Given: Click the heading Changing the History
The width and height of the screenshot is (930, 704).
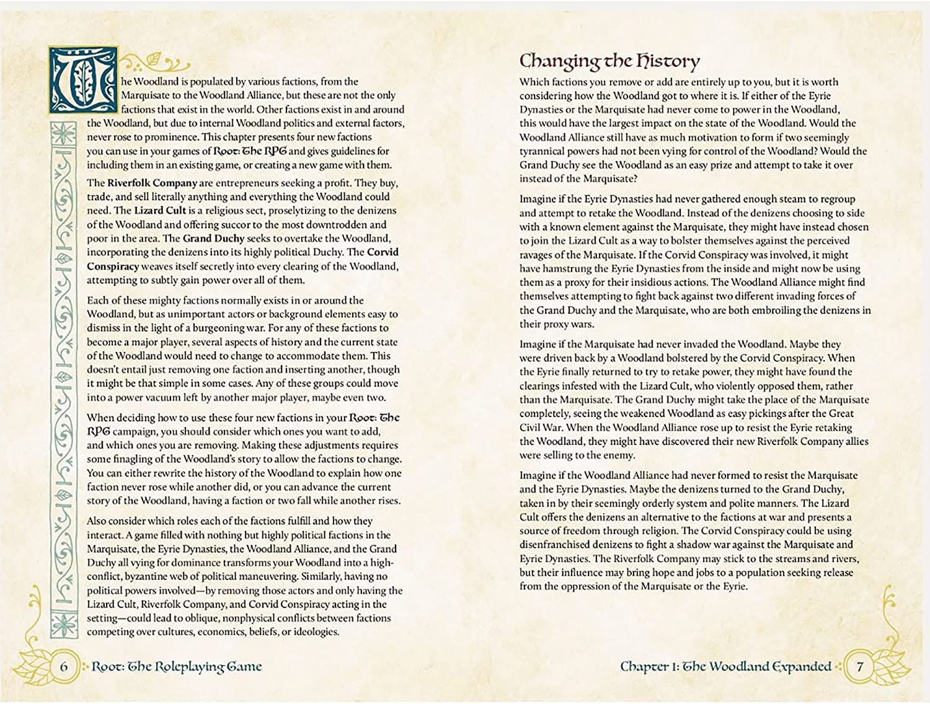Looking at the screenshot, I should coord(609,61).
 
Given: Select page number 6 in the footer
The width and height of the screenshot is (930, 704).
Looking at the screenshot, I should coord(63,667).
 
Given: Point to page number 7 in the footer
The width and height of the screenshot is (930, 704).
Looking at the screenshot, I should coord(860,667).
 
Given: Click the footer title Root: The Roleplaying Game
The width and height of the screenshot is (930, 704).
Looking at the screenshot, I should coord(177,667).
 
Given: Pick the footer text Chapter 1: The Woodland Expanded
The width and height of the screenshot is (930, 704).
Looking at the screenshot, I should coord(725,667).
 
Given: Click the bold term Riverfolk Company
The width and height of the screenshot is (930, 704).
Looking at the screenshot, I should coord(152,183).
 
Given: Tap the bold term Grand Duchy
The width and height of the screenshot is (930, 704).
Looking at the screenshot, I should coord(213,239).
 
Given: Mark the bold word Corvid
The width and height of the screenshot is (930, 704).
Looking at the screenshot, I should coord(383,252).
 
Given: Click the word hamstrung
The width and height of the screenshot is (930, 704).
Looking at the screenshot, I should coord(567,269).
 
